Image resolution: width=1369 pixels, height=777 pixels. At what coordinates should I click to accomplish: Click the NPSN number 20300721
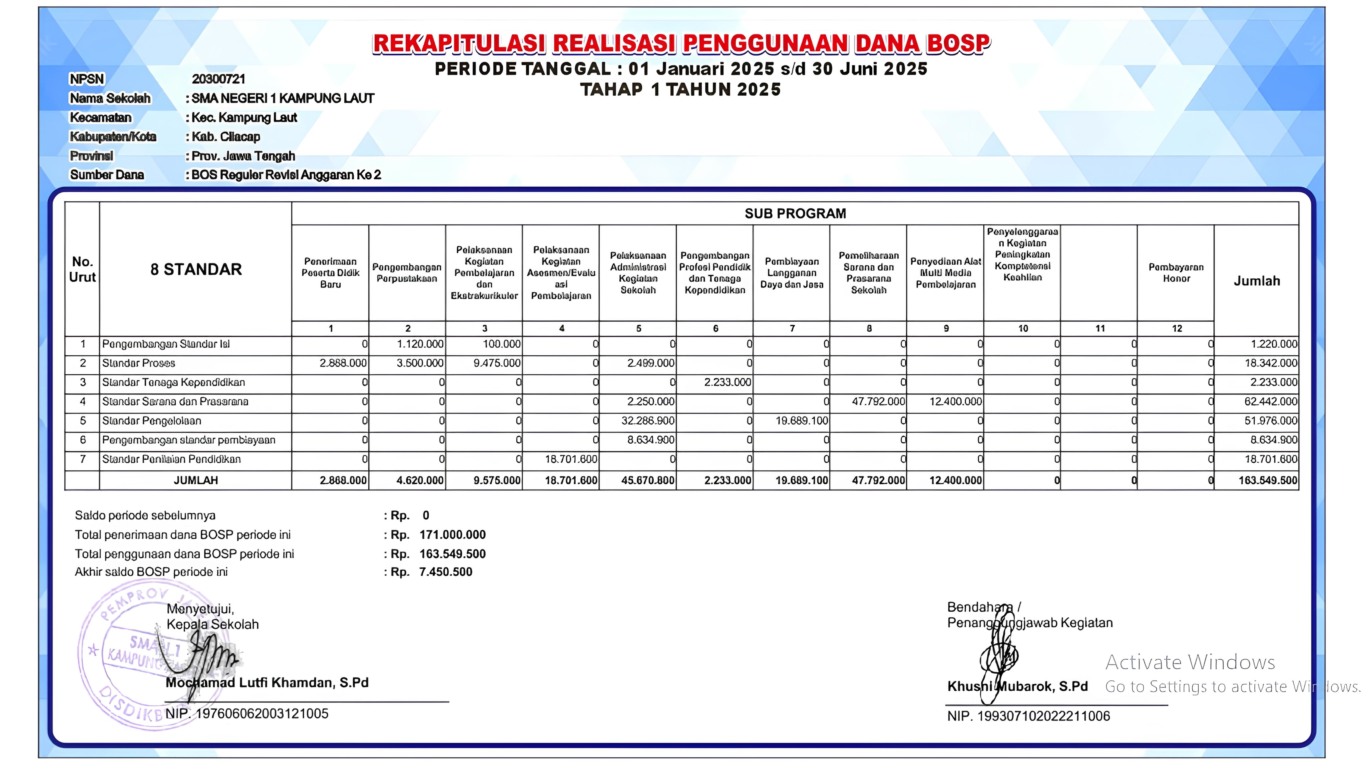(218, 79)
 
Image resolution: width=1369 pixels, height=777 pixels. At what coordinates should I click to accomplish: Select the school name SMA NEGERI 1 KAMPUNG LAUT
(283, 98)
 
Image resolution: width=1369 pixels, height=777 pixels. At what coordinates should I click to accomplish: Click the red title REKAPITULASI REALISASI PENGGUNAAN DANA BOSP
(681, 44)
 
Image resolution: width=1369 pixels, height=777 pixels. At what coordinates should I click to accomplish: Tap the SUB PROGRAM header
(795, 214)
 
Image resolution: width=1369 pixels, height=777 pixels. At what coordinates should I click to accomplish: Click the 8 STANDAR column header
(196, 270)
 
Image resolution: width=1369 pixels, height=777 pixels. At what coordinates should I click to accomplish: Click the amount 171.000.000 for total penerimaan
(453, 535)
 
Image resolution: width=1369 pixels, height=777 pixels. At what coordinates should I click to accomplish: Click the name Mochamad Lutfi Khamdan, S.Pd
(267, 682)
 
